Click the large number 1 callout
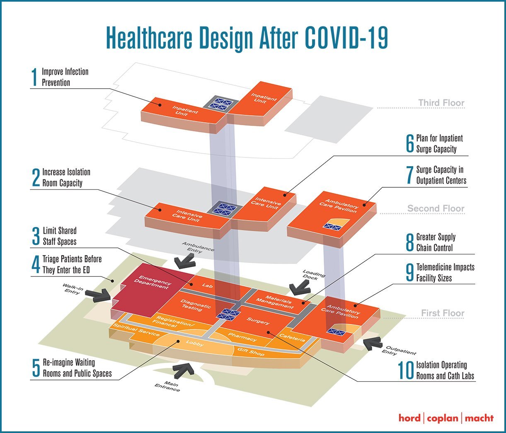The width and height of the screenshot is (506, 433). point(34,77)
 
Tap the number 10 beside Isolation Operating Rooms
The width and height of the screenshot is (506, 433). point(406,370)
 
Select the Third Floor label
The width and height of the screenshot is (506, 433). point(441,103)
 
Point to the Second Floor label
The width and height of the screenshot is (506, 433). point(436,208)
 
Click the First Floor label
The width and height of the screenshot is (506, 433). point(443,313)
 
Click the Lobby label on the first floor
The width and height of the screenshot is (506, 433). point(194,343)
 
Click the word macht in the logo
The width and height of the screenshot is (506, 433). point(479,418)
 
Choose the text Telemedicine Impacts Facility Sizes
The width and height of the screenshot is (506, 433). point(445,273)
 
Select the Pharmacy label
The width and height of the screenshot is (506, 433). point(242,337)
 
